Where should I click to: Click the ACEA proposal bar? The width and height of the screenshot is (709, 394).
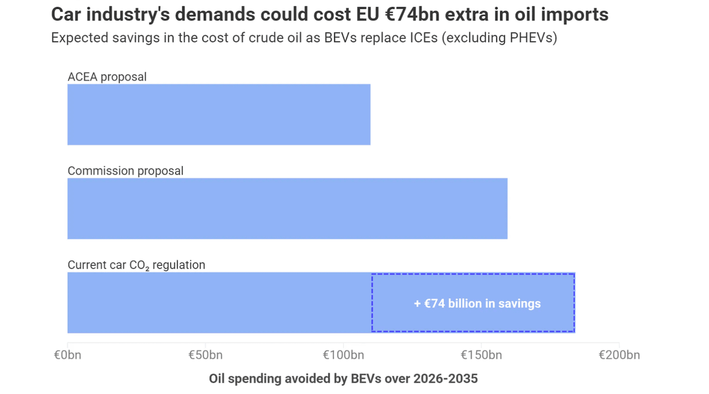(219, 115)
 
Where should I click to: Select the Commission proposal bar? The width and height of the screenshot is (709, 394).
(287, 209)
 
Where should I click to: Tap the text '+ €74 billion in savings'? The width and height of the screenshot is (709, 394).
(477, 304)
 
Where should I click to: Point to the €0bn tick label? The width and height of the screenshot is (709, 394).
(67, 355)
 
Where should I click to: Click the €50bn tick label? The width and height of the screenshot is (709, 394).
(205, 355)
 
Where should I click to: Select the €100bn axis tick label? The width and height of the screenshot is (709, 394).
(343, 355)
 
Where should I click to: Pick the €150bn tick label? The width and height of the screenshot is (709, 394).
(481, 355)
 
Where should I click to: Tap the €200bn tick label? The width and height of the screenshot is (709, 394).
(619, 355)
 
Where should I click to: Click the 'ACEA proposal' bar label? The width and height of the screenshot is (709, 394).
(107, 77)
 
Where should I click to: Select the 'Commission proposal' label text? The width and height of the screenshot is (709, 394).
(125, 171)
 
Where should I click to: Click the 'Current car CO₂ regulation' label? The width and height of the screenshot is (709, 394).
(136, 265)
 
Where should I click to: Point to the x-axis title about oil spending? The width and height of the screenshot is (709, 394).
(343, 379)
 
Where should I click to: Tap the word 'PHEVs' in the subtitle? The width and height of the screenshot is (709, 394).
(531, 38)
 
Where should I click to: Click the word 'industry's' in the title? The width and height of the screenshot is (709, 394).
(128, 15)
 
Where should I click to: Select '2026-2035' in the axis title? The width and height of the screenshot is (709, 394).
(445, 379)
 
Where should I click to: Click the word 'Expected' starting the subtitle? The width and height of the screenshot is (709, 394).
(79, 38)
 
